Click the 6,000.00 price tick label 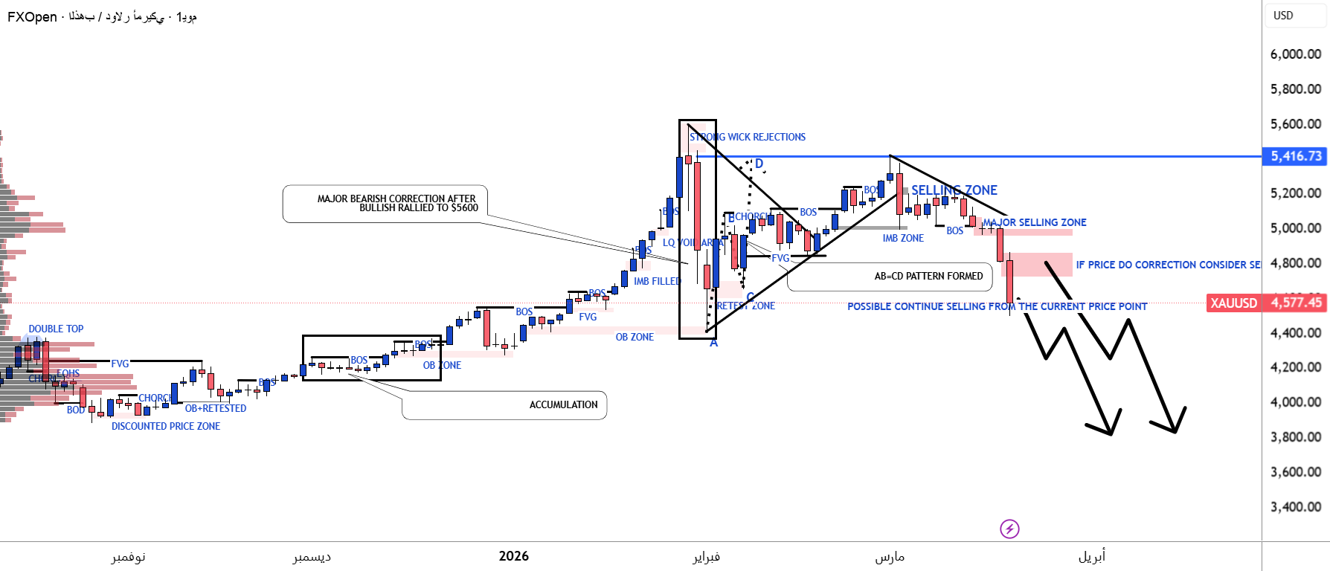pyautogui.click(x=1295, y=54)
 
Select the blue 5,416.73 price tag pyautogui.click(x=1295, y=156)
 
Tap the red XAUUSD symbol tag pyautogui.click(x=1233, y=303)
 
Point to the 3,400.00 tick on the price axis pyautogui.click(x=1295, y=507)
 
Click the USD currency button pyautogui.click(x=1283, y=16)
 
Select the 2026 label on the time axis pyautogui.click(x=513, y=556)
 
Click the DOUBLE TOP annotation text pyautogui.click(x=56, y=329)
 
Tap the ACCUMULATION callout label pyautogui.click(x=563, y=404)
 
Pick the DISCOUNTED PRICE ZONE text pyautogui.click(x=166, y=426)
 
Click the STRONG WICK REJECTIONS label pyautogui.click(x=747, y=137)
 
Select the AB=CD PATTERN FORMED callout pyautogui.click(x=928, y=276)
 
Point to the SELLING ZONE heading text pyautogui.click(x=954, y=190)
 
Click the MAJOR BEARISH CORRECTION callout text pyautogui.click(x=397, y=203)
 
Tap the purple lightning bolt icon pyautogui.click(x=1009, y=529)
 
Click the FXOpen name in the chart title pyautogui.click(x=32, y=17)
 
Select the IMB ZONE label pyautogui.click(x=903, y=238)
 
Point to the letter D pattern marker pyautogui.click(x=759, y=164)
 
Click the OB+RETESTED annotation pyautogui.click(x=215, y=408)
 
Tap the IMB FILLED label pyautogui.click(x=657, y=281)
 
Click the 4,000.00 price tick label pyautogui.click(x=1295, y=402)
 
